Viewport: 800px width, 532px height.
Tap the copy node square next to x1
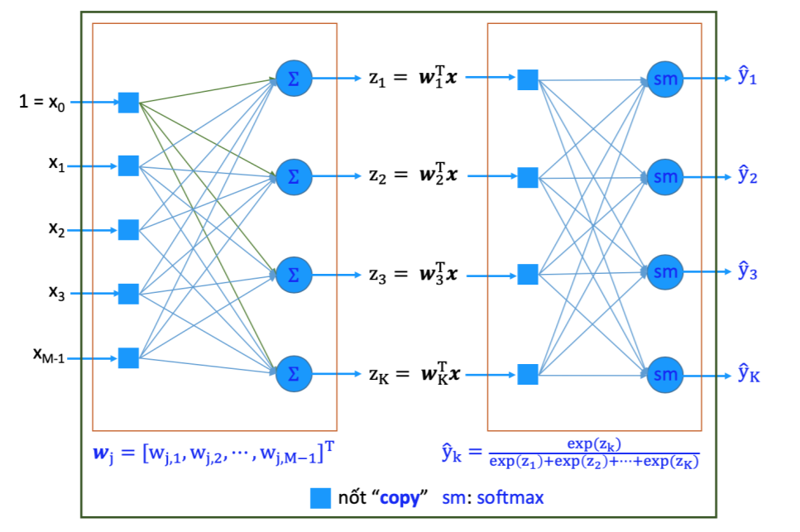(128, 165)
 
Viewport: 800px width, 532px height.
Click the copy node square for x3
(128, 294)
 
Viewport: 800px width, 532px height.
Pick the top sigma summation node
(292, 78)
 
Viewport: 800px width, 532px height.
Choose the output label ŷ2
(747, 175)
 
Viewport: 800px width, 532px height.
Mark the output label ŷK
(748, 375)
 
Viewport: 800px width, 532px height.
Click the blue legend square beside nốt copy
(320, 498)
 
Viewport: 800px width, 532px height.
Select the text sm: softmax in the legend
(494, 498)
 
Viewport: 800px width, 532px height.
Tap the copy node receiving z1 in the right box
(527, 79)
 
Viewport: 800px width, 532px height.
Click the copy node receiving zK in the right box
(527, 374)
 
